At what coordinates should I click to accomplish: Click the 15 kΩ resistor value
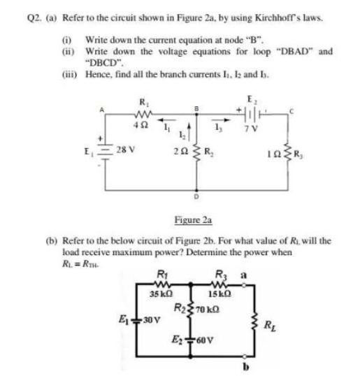[x=236, y=294]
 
